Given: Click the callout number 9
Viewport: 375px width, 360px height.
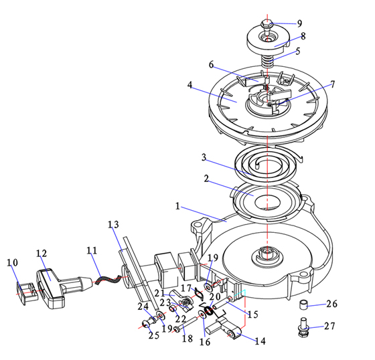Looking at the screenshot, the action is coord(300,23).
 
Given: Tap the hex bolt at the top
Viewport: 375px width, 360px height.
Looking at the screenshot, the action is coord(267,27).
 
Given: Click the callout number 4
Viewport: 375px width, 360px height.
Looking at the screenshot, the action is coord(190,85).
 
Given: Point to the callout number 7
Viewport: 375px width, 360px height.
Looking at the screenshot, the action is coord(333,84).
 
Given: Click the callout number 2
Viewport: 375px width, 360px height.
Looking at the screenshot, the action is coord(206,179).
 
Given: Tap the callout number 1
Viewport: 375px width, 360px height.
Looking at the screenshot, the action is coord(177,206).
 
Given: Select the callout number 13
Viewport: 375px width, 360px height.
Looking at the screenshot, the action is coord(113,224).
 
